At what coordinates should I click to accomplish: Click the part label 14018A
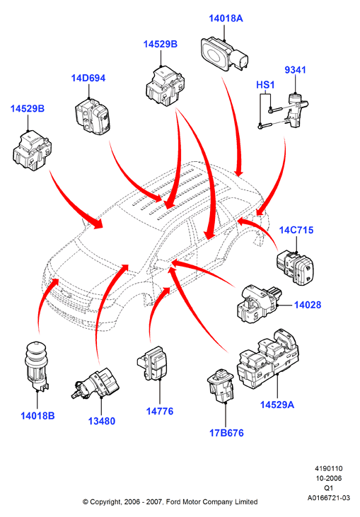click(226, 18)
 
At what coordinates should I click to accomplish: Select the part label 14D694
click(88, 78)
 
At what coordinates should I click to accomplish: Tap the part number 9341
click(295, 70)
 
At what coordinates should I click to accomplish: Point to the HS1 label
click(265, 85)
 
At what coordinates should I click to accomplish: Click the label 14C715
click(296, 230)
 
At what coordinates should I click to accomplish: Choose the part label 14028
click(307, 305)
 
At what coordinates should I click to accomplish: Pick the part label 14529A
click(277, 405)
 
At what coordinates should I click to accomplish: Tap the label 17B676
click(226, 433)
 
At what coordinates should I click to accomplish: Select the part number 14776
click(160, 411)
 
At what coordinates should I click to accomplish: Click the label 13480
click(102, 421)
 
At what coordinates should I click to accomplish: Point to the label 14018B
click(37, 416)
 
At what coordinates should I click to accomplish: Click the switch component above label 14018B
click(37, 366)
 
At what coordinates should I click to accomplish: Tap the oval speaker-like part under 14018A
click(224, 54)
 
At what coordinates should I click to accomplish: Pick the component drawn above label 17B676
click(221, 385)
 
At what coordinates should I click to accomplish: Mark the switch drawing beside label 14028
click(259, 303)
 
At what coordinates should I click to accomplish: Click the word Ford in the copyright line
click(173, 502)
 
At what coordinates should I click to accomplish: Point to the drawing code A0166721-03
click(329, 498)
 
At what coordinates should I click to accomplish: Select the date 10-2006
click(329, 478)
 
